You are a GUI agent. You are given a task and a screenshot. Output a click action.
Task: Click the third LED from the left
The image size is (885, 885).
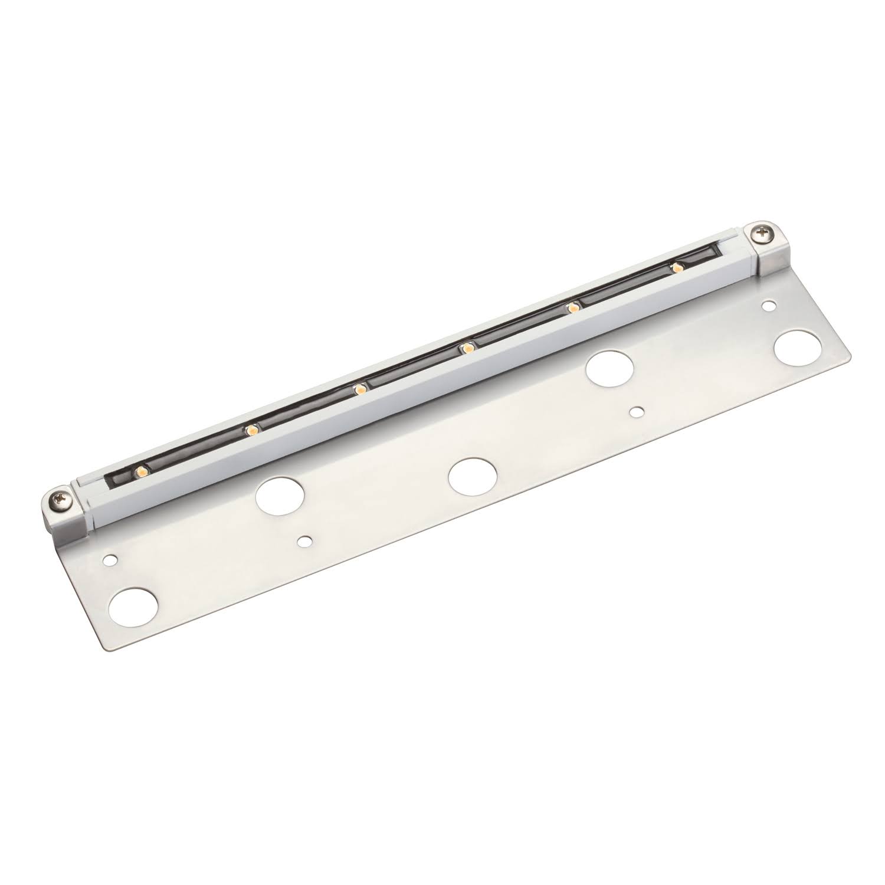point(359,388)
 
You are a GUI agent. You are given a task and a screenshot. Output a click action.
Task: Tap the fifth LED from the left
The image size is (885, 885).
point(571,307)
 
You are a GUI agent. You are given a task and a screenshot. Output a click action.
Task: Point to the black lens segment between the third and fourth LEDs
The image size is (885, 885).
point(413,368)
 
